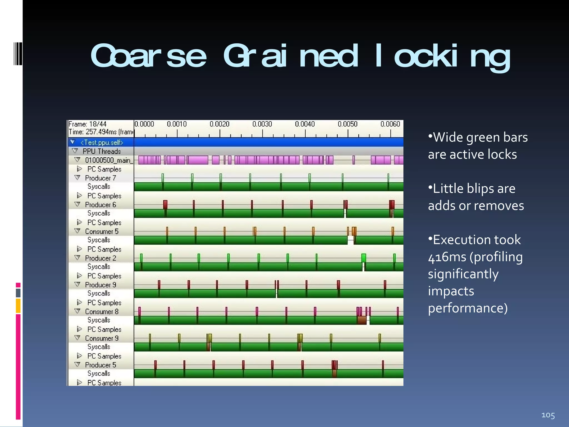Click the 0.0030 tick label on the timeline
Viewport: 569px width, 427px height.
click(262, 124)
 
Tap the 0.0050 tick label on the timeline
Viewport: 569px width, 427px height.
click(347, 124)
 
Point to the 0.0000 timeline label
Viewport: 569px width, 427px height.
click(144, 124)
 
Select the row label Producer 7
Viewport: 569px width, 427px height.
click(100, 178)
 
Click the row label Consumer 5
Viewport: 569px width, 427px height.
click(102, 231)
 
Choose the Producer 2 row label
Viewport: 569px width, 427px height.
click(100, 258)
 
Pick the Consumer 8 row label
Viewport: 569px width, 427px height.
click(102, 311)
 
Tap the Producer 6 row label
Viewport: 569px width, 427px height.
click(100, 205)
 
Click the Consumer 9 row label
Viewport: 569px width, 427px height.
click(102, 338)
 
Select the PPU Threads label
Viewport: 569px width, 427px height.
click(102, 151)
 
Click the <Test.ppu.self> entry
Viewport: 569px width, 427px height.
click(102, 143)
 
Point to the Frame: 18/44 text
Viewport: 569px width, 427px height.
click(88, 124)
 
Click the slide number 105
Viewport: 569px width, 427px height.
click(548, 415)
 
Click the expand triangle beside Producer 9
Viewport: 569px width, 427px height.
click(78, 284)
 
